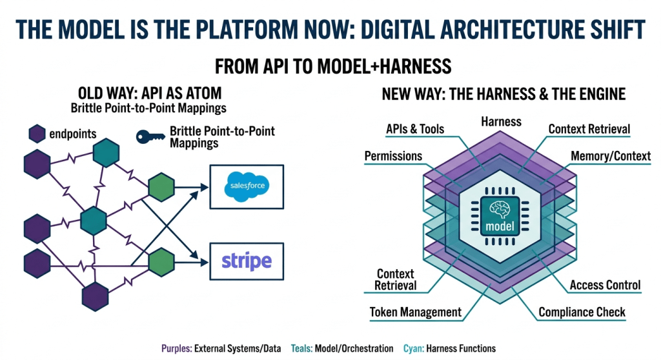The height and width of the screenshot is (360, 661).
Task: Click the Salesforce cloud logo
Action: [x=248, y=186]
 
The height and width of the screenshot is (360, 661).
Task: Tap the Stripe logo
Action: [x=247, y=261]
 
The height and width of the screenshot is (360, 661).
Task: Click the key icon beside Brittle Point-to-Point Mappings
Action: [x=150, y=136]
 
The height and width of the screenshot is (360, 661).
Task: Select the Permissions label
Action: [x=393, y=156]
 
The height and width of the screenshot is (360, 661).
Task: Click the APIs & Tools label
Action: [x=414, y=129]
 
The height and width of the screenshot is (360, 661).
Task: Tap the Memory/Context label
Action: [x=611, y=156]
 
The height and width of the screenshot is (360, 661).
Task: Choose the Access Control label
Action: [x=605, y=285]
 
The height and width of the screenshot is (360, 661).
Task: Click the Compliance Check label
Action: [x=582, y=312]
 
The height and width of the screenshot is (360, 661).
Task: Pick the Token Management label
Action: [x=415, y=312]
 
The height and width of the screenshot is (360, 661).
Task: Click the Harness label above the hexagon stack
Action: [x=501, y=121]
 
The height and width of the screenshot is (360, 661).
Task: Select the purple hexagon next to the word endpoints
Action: [x=36, y=134]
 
